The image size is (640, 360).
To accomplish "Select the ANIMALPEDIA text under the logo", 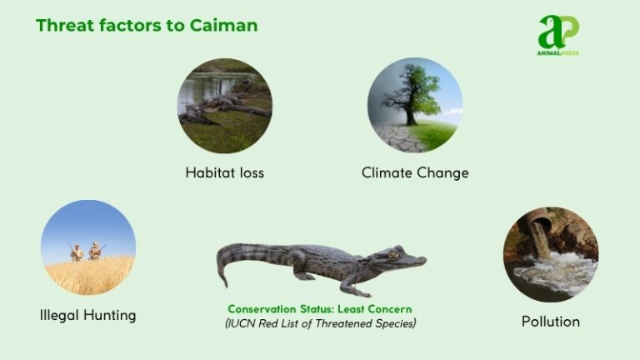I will coord(558,52).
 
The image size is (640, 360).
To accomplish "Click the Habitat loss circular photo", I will coord(224,105).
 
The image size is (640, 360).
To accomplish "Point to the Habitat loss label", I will coord(224,173).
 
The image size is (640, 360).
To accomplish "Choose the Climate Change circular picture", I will coord(415,105).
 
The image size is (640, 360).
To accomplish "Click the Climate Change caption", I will coord(415,173).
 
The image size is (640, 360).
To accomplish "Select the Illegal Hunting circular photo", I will coord(88,247).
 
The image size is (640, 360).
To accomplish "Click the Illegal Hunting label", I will coord(88,316).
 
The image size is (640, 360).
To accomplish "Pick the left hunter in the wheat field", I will coord(76,251).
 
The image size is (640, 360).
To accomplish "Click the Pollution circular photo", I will coord(551,254).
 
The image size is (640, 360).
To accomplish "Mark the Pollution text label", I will coord(551,321).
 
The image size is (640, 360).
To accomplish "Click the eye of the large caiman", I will coord(392,253).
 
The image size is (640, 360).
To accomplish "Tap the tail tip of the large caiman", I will coord(222,282).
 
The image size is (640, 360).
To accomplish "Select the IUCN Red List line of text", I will coord(320,322).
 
